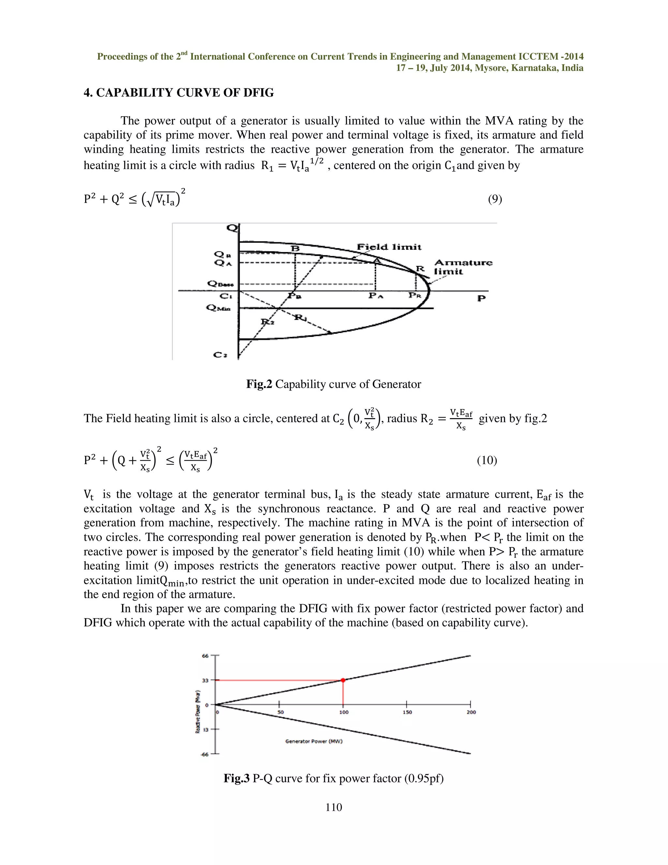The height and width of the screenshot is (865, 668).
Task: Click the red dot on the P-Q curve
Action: (343, 680)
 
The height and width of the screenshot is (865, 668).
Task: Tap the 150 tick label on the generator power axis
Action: (407, 712)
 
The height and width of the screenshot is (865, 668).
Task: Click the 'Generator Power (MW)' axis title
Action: (314, 741)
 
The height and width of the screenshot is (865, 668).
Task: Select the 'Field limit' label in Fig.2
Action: (389, 247)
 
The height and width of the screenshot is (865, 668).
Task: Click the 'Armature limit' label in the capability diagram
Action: (463, 267)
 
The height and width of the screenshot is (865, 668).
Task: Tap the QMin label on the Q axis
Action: (219, 308)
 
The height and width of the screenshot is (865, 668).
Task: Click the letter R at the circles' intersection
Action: (419, 269)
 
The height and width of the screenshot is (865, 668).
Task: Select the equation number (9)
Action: (495, 199)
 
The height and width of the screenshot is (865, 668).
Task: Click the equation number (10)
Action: (487, 460)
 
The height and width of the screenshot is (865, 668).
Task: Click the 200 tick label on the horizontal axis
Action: (471, 712)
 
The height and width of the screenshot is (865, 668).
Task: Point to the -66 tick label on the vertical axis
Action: (205, 754)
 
